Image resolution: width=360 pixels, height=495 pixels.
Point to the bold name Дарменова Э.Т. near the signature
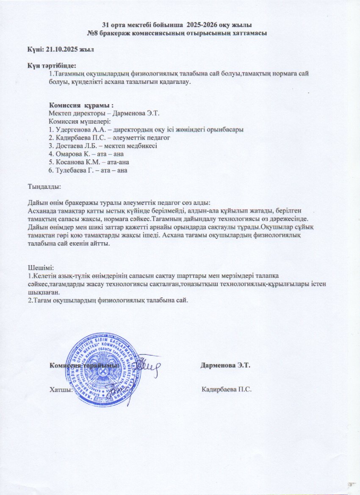coord(226,365)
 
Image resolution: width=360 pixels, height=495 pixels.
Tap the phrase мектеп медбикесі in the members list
coord(132,146)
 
